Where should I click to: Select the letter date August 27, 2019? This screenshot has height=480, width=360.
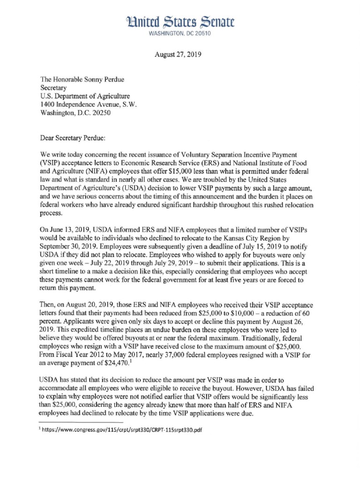178,54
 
